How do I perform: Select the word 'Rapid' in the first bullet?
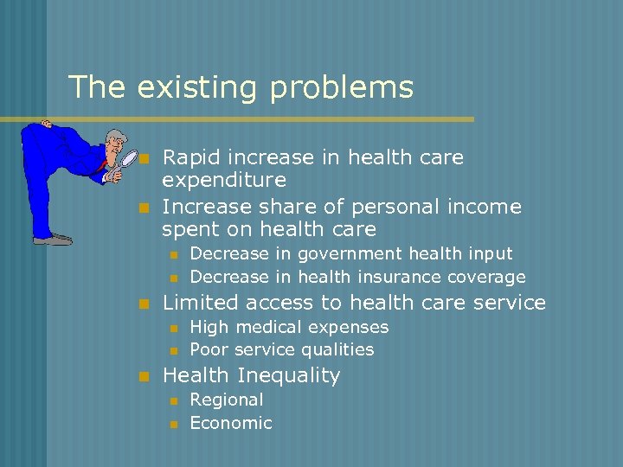[190, 158]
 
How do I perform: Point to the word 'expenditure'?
[224, 181]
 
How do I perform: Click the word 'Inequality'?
[289, 376]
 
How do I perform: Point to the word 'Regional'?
[227, 400]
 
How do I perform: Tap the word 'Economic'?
[230, 423]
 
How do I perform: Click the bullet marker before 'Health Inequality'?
[145, 376]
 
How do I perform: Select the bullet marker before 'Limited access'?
[145, 304]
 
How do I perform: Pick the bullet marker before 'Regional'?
[173, 400]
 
